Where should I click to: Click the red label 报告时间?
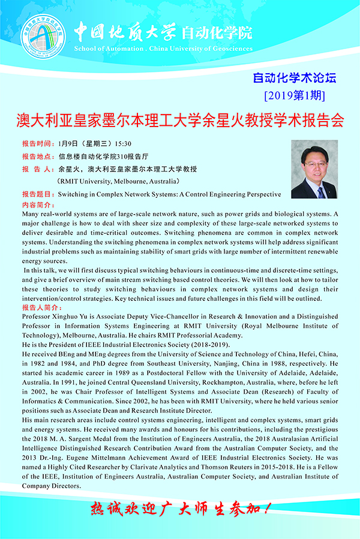pos(37,144)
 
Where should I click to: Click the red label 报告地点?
pos(37,156)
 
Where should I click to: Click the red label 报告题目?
pos(37,194)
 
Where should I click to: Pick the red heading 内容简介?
pos(37,204)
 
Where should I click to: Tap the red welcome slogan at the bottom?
pos(180,510)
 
